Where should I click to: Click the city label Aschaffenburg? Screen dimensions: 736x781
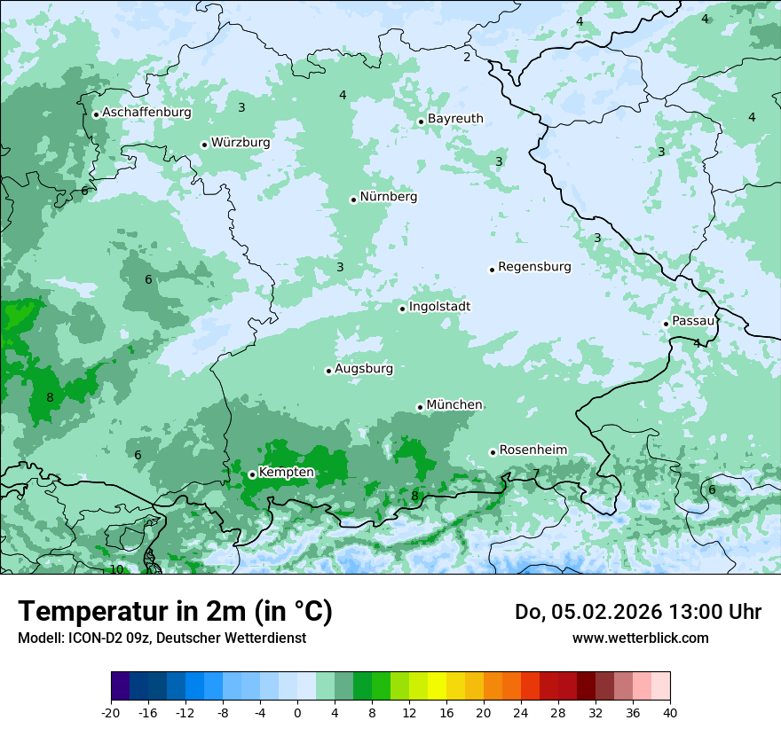point(146,113)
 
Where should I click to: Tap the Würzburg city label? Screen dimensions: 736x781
point(241,143)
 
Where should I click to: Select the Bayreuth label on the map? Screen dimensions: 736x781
point(455,119)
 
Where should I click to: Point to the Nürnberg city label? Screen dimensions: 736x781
point(388,197)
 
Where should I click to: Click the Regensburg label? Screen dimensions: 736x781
point(534,267)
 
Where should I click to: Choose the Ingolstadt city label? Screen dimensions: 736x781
point(439,307)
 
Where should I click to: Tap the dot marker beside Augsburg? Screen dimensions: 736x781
point(328,371)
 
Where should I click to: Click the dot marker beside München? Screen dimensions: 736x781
point(420,407)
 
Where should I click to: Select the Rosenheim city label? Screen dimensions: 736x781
point(532,450)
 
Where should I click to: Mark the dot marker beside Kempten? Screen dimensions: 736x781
point(252,474)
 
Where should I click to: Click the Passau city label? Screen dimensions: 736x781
point(692,321)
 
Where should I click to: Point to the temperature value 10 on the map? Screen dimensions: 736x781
point(116,569)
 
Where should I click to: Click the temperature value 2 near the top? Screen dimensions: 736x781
point(467,58)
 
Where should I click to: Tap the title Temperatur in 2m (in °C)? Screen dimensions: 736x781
point(175,612)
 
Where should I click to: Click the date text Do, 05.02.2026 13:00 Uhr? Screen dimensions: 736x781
point(637,612)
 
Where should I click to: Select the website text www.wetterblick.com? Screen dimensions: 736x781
point(640,638)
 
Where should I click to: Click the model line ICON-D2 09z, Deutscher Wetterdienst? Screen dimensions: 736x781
point(162,638)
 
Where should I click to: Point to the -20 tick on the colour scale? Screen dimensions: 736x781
point(111,712)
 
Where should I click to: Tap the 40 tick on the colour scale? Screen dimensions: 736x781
point(669,712)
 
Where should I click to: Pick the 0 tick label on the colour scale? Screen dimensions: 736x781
point(297,712)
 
